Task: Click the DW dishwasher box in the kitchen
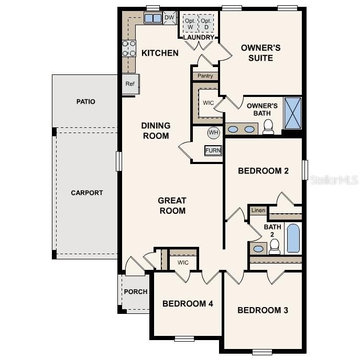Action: [x=169, y=18]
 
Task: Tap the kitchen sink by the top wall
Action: [x=153, y=18]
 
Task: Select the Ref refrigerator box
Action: [x=129, y=84]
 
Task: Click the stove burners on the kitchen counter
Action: [x=129, y=49]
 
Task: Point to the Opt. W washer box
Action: [x=190, y=24]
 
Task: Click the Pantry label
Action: [x=205, y=76]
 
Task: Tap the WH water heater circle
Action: [x=213, y=132]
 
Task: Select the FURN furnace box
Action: [x=213, y=150]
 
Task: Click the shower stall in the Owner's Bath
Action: [x=292, y=113]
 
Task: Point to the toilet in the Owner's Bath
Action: [x=268, y=127]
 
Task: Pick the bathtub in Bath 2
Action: [x=293, y=239]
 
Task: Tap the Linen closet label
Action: [x=258, y=211]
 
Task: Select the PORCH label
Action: [x=135, y=292]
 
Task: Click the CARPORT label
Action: [x=87, y=193]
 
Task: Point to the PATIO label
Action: [x=86, y=101]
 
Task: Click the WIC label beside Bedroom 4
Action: [x=183, y=263]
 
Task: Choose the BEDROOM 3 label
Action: [x=263, y=310]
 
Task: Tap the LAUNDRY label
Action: [x=199, y=38]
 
